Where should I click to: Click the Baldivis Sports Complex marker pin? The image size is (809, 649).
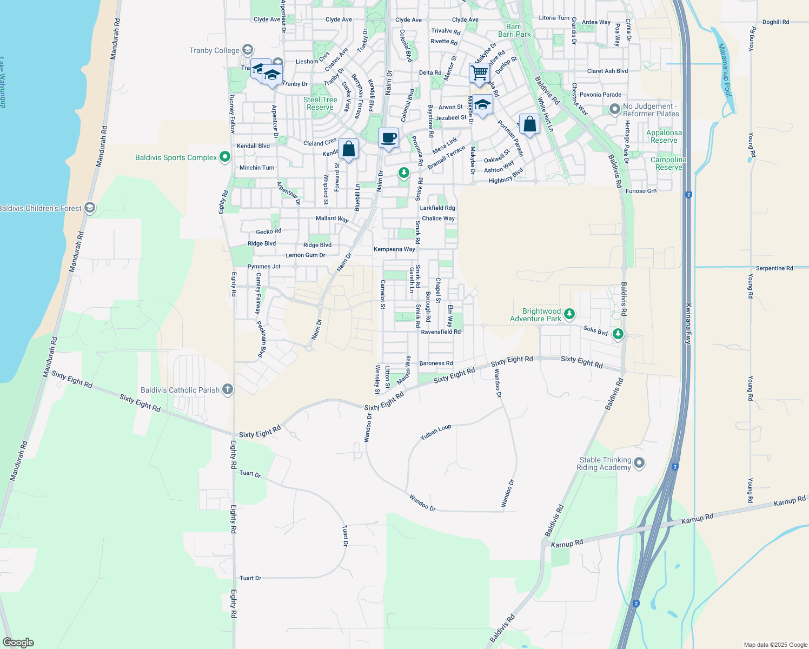coord(225,157)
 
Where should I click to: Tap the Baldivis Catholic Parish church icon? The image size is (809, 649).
coord(228,389)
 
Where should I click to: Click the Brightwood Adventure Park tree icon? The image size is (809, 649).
coord(569,314)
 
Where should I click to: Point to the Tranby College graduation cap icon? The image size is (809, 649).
coord(248,50)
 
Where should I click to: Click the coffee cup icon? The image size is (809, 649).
coord(388,137)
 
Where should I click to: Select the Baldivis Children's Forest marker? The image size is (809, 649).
coord(90,208)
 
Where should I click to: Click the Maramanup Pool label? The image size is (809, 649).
coord(725,70)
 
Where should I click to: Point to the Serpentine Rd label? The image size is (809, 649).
coord(774,268)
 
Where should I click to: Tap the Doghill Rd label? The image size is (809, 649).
coord(775,22)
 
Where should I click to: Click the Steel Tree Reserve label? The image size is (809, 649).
coord(320,103)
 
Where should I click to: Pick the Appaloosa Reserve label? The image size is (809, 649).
coord(664,136)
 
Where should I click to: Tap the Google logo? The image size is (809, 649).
coord(18,642)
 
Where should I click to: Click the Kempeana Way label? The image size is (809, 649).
coord(395,249)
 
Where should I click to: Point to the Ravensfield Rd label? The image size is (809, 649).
coord(441,332)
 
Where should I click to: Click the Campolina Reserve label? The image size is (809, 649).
coord(668,163)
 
